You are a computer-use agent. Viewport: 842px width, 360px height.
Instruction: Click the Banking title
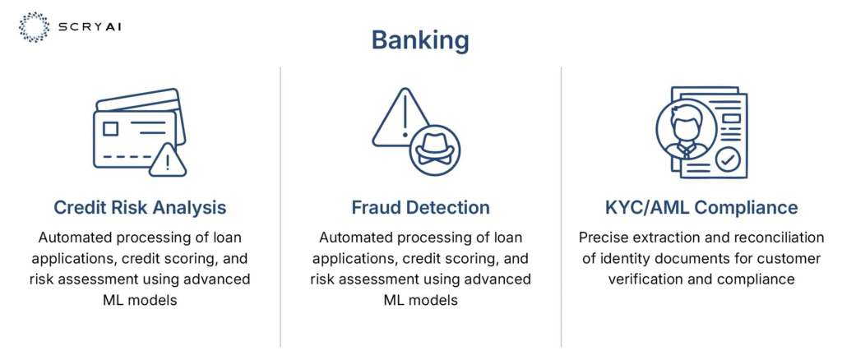[420, 41]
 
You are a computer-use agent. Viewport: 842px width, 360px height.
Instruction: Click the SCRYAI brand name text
[90, 27]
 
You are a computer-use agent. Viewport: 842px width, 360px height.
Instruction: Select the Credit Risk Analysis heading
[140, 208]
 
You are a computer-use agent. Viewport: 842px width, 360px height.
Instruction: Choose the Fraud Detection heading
[420, 208]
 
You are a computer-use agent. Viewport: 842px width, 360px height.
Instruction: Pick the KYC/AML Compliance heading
[701, 208]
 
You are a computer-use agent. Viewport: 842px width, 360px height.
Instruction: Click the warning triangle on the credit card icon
[168, 160]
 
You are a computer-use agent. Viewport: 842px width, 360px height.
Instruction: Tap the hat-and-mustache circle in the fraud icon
[435, 150]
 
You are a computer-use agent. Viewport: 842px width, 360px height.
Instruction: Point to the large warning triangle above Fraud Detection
[401, 119]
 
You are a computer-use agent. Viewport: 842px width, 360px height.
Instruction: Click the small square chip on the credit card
[111, 129]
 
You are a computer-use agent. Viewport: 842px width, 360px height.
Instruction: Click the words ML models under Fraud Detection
[421, 300]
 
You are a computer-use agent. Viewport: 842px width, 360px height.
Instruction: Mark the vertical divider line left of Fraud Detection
[280, 206]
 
